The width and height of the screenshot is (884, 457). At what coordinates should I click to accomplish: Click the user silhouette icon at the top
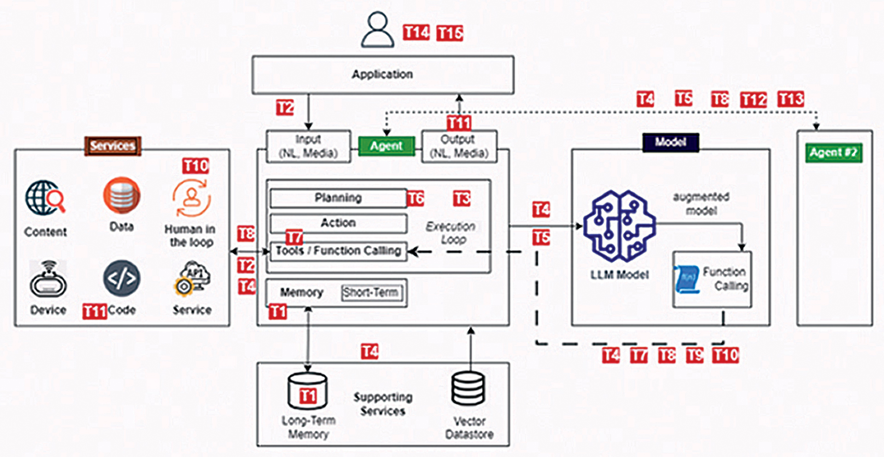377,30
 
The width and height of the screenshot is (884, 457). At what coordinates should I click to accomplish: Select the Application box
383,75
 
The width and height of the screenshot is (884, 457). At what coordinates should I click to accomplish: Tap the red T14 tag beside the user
416,33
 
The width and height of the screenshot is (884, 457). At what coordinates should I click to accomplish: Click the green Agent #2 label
834,152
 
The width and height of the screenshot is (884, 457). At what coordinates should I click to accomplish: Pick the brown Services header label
113,146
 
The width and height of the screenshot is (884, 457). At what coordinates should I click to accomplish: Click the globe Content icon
45,197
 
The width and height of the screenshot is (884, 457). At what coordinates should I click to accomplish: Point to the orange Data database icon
122,195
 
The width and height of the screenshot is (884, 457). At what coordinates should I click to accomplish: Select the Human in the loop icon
192,198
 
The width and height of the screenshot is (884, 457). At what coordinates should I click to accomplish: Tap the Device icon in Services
48,279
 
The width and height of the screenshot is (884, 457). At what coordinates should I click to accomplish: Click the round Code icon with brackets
122,278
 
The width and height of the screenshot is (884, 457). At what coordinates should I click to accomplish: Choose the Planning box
338,198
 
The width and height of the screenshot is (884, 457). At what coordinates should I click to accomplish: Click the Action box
338,223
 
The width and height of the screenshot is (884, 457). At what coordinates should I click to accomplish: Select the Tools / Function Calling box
338,251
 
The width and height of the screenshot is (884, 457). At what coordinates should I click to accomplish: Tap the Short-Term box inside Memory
371,293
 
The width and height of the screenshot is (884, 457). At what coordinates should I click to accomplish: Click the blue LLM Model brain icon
619,226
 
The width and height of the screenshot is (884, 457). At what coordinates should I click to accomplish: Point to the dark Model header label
670,142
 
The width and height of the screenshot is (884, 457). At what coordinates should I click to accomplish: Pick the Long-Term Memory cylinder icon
308,391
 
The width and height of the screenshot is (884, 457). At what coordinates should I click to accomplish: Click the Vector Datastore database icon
468,388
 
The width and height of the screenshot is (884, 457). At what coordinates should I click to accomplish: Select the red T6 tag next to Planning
415,199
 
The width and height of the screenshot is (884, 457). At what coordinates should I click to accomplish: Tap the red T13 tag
791,99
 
